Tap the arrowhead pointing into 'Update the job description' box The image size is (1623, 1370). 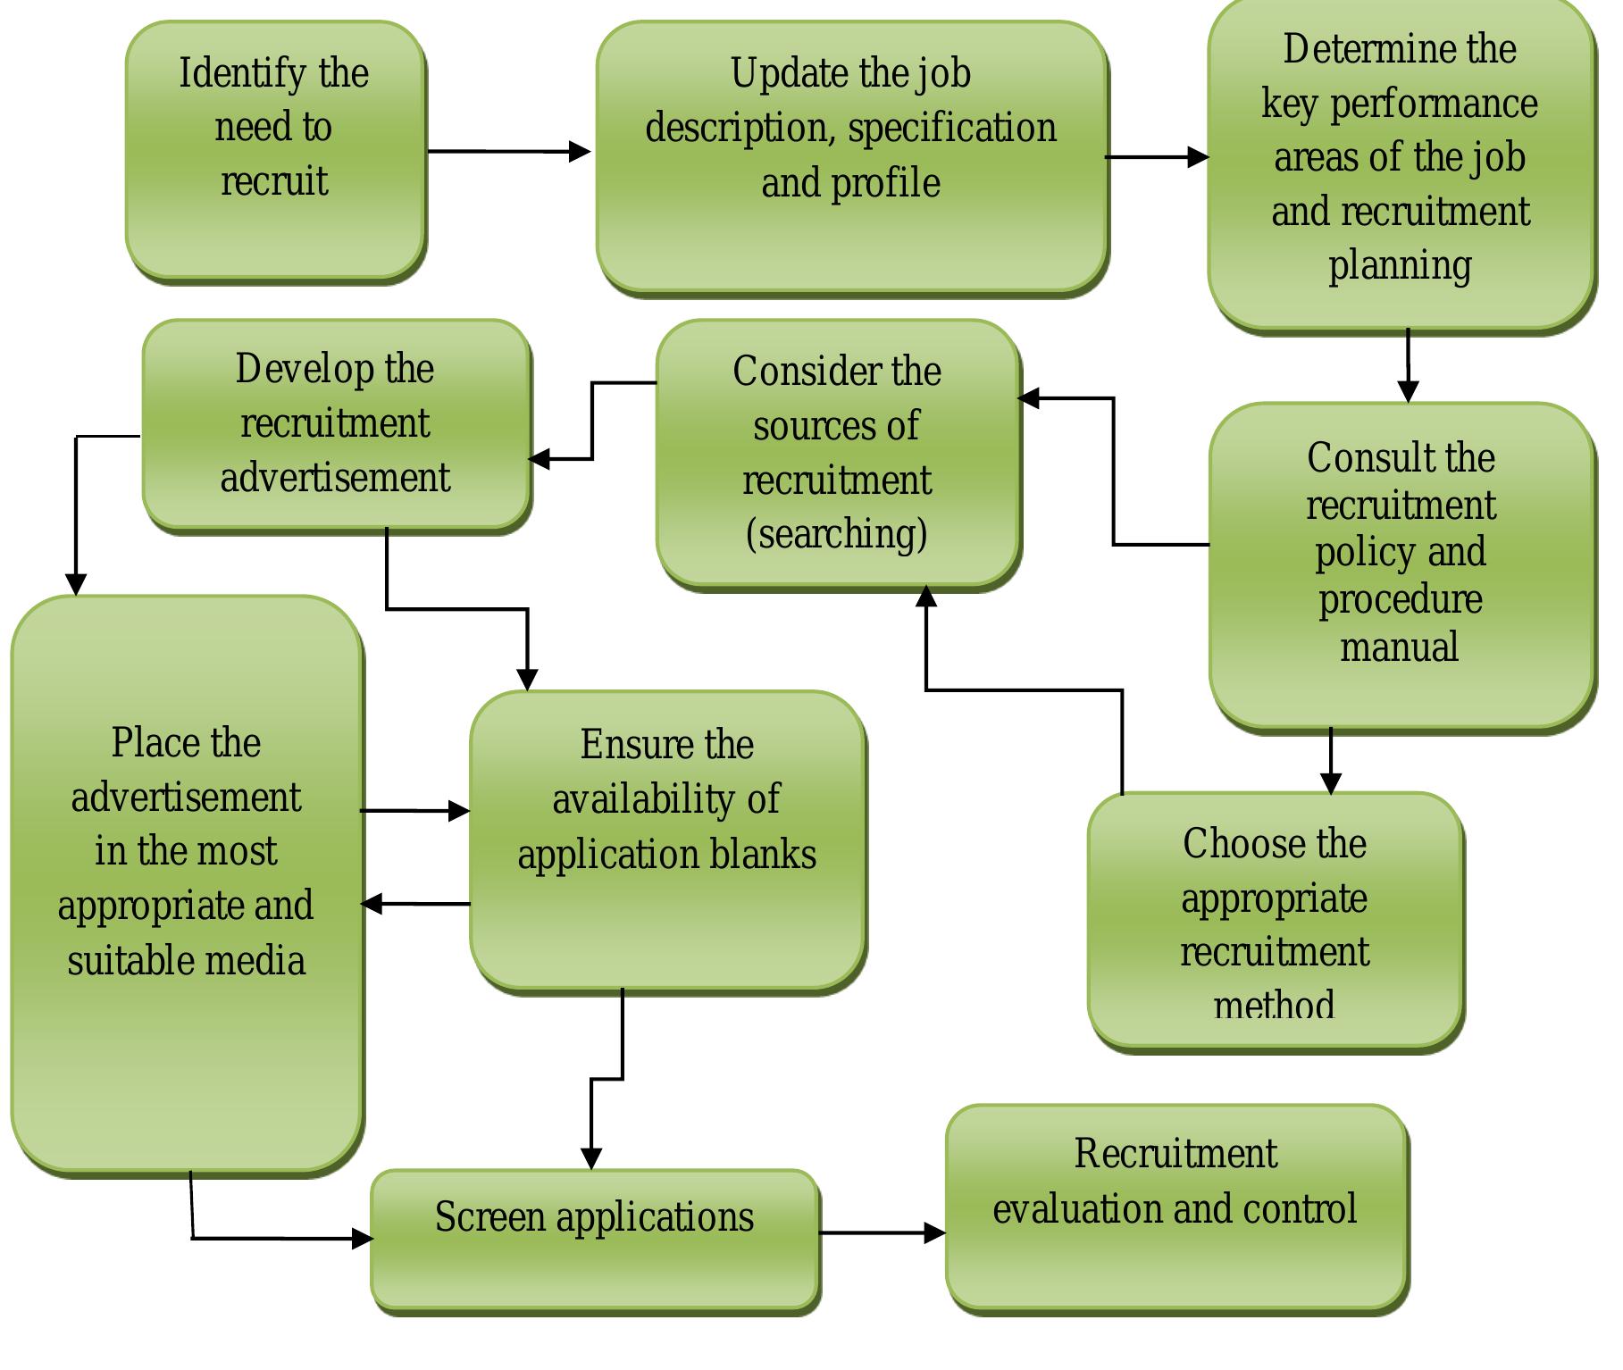pos(581,152)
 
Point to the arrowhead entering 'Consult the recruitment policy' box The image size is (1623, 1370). pos(1409,392)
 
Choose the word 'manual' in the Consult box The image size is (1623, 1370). pos(1400,647)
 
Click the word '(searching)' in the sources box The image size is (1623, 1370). pos(837,534)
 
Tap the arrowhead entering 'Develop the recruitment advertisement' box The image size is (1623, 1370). pos(540,460)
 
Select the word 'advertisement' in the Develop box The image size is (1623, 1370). pos(335,478)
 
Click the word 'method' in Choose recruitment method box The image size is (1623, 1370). pos(1275,1007)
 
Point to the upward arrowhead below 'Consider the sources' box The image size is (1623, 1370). pos(926,597)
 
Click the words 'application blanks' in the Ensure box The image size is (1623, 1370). pos(666,855)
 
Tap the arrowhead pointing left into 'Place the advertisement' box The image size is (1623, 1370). pos(372,904)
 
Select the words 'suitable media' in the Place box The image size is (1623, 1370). pos(186,961)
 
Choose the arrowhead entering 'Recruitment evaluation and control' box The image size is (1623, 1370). pos(935,1233)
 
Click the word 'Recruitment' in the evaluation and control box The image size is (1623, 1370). pos(1175,1154)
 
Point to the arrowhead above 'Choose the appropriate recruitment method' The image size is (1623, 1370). pos(1331,783)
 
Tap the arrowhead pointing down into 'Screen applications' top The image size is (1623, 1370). pos(591,1159)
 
